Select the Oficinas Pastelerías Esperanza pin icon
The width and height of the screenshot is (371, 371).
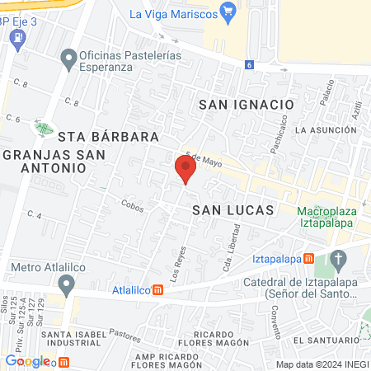click(68, 58)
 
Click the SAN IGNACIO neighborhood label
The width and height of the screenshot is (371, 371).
click(246, 105)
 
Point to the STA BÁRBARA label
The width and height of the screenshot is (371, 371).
click(96, 136)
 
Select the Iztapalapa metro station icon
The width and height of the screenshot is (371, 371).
click(308, 258)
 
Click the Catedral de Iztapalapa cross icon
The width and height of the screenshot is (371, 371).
click(338, 261)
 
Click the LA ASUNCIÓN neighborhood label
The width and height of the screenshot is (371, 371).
click(327, 130)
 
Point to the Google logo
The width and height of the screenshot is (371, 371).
click(26, 361)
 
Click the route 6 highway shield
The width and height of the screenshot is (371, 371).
click(248, 64)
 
